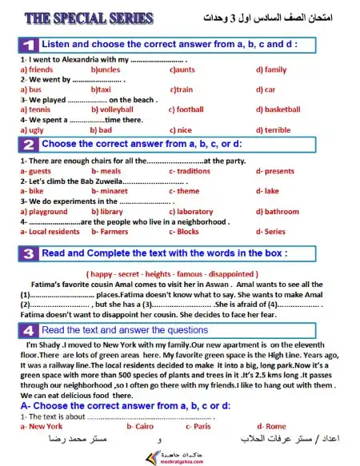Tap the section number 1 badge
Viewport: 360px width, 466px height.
point(28,45)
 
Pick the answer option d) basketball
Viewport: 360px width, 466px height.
point(278,110)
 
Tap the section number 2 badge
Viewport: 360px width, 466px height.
point(28,145)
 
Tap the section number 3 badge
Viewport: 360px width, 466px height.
point(28,253)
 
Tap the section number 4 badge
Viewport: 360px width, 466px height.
point(28,329)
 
